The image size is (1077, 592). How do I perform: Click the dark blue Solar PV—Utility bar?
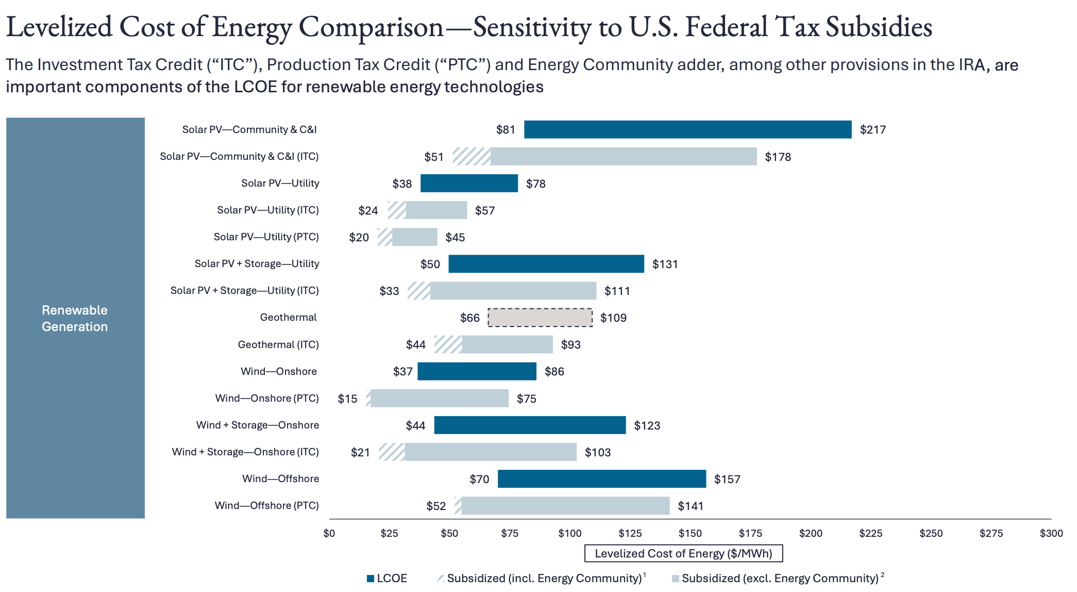point(469,184)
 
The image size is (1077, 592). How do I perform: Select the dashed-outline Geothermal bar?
point(540,318)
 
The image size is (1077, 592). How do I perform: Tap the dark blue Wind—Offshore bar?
point(601,479)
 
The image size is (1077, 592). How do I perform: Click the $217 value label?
point(872,130)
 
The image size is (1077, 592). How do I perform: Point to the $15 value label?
point(347,399)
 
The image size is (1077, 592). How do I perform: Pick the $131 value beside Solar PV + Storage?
point(665,264)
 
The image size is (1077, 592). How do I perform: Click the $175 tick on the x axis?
point(750,533)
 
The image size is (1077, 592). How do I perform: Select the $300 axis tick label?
point(1051,533)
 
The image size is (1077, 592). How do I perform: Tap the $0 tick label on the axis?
point(329,533)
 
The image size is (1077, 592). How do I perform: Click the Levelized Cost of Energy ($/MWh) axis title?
point(683,553)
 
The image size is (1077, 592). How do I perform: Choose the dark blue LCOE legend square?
point(371,579)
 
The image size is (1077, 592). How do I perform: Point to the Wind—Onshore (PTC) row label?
point(266,399)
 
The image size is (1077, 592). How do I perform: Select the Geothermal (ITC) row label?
point(278,344)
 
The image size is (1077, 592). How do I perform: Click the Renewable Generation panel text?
point(75,318)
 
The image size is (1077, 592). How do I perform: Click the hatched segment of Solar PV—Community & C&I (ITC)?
point(472,157)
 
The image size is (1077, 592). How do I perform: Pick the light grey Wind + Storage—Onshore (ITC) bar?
point(490,452)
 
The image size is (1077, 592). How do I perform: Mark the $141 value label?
point(691,506)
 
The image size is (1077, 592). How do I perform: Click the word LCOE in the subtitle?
point(255,87)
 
